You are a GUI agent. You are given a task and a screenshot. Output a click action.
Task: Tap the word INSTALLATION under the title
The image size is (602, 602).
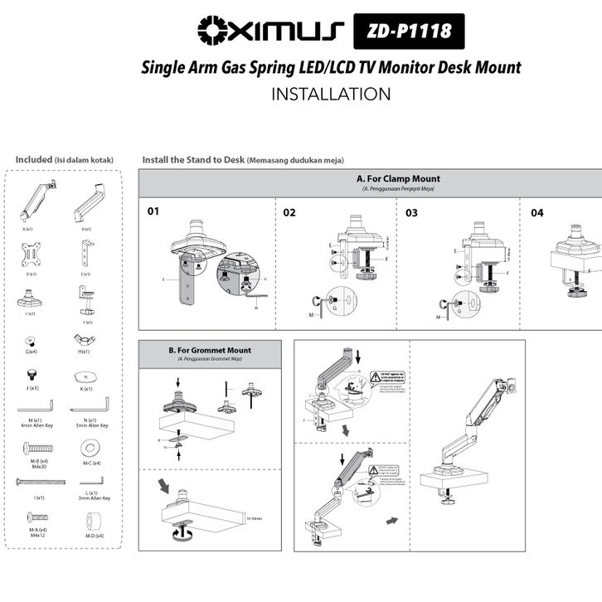(x=331, y=94)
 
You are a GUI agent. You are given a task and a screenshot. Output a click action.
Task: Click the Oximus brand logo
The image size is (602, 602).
(x=270, y=32)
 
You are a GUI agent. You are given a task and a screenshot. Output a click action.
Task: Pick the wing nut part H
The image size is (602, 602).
(x=85, y=340)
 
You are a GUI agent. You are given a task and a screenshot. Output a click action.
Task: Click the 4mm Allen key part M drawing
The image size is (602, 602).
(x=34, y=409)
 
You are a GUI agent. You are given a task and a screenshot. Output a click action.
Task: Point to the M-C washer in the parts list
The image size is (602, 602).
(x=87, y=448)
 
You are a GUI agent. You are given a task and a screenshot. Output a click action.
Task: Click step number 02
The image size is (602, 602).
(x=289, y=212)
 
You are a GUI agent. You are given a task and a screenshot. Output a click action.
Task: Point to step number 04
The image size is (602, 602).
(x=537, y=212)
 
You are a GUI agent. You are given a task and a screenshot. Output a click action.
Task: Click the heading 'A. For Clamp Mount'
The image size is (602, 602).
(x=398, y=178)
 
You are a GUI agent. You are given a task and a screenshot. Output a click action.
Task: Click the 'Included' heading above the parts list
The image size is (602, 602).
(x=34, y=159)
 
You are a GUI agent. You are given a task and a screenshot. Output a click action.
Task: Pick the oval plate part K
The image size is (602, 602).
(x=86, y=376)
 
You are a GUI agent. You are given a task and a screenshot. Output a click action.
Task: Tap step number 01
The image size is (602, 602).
(x=153, y=211)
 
